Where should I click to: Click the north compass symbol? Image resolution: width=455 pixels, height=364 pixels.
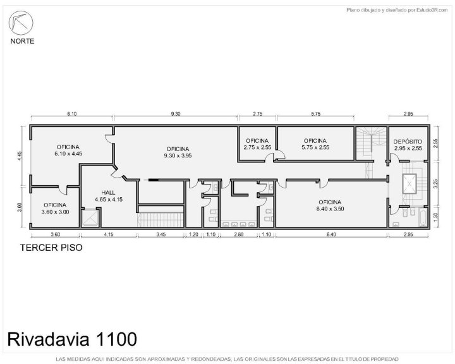[21, 23]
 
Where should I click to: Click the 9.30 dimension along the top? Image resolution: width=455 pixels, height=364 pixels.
[176, 114]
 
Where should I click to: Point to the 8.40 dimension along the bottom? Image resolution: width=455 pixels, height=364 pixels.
[331, 234]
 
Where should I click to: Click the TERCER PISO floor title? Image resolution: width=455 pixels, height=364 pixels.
[51, 248]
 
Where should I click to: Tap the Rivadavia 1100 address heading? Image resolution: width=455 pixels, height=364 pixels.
[72, 339]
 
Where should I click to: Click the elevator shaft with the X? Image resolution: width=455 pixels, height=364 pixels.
[409, 184]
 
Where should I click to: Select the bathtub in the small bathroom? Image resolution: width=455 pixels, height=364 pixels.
[423, 219]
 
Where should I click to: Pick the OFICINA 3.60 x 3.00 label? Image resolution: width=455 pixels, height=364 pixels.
[55, 209]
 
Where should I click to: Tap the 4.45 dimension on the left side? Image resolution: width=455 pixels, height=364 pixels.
[20, 155]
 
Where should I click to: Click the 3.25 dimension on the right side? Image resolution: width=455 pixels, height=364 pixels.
[435, 184]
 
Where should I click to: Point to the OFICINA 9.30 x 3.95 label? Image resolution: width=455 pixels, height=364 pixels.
[178, 152]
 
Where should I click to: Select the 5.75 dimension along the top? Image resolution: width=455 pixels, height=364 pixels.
[316, 114]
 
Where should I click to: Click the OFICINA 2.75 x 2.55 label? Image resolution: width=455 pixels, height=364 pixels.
[257, 144]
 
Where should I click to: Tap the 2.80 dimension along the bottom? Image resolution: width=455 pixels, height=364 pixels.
[239, 234]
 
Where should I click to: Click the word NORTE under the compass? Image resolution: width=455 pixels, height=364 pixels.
[22, 41]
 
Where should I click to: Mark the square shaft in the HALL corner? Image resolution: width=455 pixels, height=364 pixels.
[90, 218]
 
